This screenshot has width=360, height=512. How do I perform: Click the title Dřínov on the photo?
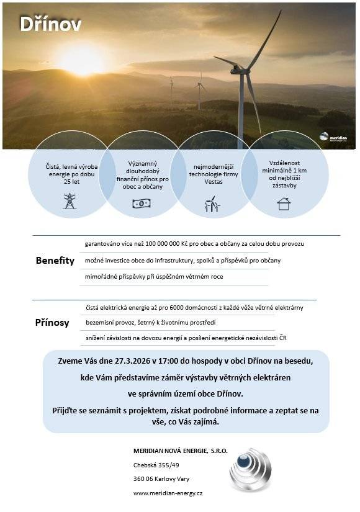point(50,24)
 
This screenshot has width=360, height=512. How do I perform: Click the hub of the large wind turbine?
point(239,70)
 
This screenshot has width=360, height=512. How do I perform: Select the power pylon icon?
point(70,201)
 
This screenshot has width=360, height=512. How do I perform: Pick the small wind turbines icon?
point(212,204)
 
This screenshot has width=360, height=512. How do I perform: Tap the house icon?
point(284,204)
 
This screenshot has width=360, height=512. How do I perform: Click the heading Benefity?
point(55,261)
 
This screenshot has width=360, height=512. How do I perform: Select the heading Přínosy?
point(52,323)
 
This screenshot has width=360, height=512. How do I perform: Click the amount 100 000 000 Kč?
point(170,244)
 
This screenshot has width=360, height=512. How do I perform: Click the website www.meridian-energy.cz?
point(168,493)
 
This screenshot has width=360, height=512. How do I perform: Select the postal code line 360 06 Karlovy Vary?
point(161,478)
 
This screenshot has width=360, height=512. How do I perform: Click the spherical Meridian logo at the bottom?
point(251,469)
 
